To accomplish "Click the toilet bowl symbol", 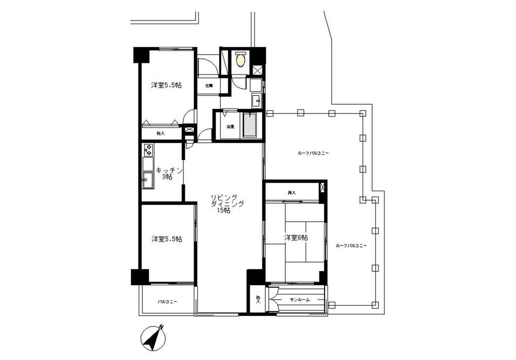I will [x=240, y=60].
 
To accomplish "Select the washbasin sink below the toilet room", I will [x=256, y=100].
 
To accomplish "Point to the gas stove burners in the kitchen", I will [x=148, y=150].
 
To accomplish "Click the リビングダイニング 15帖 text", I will [x=223, y=203].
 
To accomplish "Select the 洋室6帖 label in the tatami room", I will [x=296, y=238].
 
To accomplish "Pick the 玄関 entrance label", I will [x=208, y=86].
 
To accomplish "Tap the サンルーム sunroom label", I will [x=299, y=300].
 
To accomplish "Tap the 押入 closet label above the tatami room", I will [x=292, y=192].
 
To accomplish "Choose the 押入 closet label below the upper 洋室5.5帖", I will [x=160, y=134].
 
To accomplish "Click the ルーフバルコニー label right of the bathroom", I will [x=313, y=153].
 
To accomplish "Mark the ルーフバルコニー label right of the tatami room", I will [x=351, y=246].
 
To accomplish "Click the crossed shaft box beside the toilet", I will [x=257, y=71].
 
